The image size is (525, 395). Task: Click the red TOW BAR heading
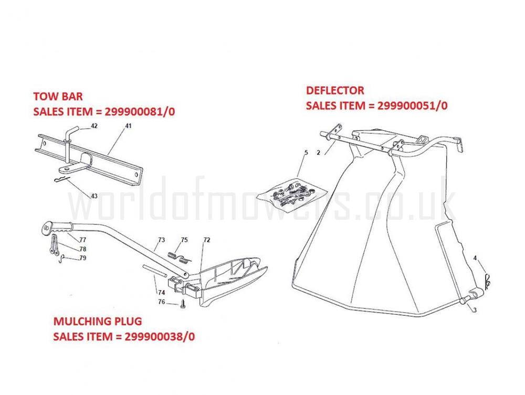coord(58,97)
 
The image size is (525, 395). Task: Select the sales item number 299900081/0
coord(140,111)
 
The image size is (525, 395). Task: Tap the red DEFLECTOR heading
coord(335,90)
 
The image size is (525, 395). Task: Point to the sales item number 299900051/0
coord(413,105)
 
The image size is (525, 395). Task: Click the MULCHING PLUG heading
coord(98,321)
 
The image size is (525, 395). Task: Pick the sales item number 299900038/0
coord(160,336)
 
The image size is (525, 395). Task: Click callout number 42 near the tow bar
coord(94,126)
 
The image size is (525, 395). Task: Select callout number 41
coord(128,126)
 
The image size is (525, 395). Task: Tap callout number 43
coord(94,196)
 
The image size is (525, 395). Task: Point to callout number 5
coord(306,153)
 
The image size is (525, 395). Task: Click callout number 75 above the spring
coord(184,240)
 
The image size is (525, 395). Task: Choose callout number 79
coord(82,258)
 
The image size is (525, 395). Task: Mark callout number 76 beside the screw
coord(161,302)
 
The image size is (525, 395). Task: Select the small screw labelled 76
coord(183,304)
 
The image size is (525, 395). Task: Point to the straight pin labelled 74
coord(155,271)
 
